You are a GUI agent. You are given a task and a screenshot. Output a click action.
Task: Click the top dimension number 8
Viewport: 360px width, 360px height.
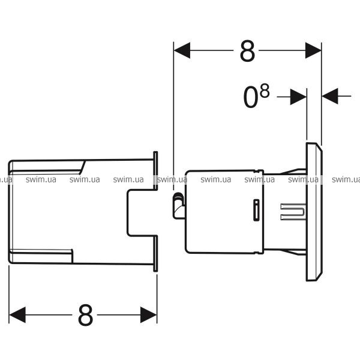(247, 51)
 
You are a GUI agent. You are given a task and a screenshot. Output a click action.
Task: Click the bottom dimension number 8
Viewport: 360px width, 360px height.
(86, 315)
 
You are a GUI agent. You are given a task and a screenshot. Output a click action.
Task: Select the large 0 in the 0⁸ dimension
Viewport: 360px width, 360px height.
(250, 97)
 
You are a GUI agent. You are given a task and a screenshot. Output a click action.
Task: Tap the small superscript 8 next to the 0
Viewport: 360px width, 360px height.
(265, 91)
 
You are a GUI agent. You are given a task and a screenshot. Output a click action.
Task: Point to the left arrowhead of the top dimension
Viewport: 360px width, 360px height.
(182, 50)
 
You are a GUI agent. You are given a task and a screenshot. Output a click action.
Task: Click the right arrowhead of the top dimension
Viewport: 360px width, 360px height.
(313, 50)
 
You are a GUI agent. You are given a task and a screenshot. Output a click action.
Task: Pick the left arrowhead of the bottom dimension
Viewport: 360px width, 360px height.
(17, 315)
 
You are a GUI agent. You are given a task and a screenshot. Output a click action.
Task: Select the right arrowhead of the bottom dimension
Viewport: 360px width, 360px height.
(149, 315)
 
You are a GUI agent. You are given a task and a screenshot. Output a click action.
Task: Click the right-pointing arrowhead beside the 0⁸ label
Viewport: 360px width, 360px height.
(298, 97)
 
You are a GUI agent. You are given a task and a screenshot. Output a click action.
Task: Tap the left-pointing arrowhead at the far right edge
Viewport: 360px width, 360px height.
(330, 96)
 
